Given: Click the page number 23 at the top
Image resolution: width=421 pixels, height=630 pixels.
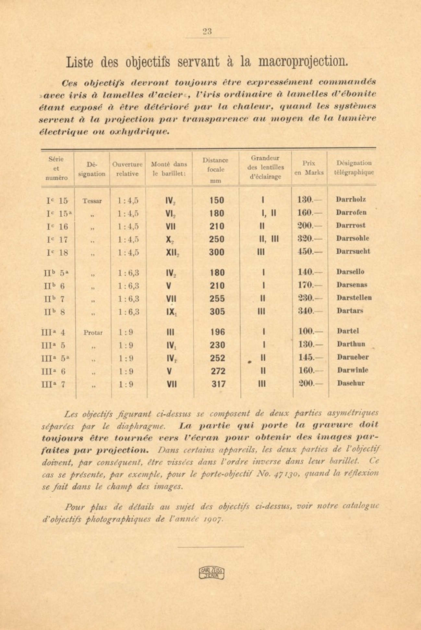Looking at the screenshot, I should (x=207, y=31).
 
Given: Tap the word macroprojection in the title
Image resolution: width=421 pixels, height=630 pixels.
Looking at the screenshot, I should (x=303, y=62).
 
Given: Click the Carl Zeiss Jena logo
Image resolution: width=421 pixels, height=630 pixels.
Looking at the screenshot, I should (x=211, y=573).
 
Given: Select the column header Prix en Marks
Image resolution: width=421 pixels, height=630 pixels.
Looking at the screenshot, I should (x=309, y=168).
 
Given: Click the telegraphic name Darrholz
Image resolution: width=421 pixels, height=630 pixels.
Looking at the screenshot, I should (x=351, y=200).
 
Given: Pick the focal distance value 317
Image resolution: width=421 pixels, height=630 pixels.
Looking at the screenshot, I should (x=218, y=384).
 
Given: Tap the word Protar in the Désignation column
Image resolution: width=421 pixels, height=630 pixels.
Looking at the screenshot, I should (x=93, y=333).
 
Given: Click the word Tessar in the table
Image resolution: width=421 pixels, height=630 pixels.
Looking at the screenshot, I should (x=92, y=201).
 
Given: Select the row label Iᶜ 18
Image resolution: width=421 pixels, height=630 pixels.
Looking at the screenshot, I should (x=57, y=253).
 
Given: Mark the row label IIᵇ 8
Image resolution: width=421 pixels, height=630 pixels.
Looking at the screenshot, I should (x=54, y=312).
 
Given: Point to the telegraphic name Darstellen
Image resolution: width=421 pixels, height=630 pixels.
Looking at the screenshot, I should (x=354, y=298).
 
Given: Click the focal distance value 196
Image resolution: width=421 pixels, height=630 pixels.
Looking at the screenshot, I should (x=217, y=332).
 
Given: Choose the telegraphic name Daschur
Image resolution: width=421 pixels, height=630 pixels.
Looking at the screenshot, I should (x=351, y=383).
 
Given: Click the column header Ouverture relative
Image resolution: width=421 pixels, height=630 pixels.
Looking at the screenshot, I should (x=127, y=169).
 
